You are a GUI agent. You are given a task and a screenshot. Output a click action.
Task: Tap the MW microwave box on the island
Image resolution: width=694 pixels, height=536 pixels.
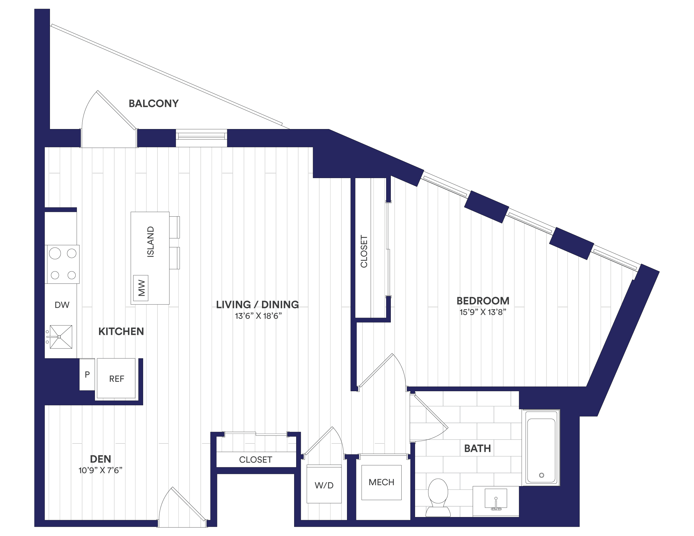click(141, 288)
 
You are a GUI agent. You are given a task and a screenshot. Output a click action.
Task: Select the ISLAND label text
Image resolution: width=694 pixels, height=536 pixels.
click(150, 242)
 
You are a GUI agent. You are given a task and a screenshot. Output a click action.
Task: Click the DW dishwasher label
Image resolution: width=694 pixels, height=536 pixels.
click(62, 305)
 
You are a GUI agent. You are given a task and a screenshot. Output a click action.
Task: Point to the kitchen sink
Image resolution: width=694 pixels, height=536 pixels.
click(61, 337)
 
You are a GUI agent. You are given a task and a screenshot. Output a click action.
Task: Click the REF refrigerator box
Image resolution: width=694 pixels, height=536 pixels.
click(116, 379)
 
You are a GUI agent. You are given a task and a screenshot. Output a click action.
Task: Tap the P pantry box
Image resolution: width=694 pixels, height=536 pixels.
click(87, 374)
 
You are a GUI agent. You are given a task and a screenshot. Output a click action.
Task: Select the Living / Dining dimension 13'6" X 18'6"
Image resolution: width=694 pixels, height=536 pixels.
click(258, 316)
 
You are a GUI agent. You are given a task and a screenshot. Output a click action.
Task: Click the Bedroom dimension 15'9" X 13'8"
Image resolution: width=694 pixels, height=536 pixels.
click(482, 312)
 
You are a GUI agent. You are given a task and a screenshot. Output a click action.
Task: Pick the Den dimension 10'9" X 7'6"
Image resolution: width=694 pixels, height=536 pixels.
click(100, 470)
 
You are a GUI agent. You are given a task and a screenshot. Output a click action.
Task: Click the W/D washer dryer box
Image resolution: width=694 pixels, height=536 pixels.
click(324, 485)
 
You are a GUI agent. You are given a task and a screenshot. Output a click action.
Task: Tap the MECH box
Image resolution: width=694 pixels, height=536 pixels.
click(381, 482)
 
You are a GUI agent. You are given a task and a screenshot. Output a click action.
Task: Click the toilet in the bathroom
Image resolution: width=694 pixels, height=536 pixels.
click(438, 496)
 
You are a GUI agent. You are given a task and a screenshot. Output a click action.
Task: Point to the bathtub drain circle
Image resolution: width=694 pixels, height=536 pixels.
click(542, 475)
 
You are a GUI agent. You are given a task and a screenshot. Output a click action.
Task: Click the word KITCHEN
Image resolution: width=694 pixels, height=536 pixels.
click(121, 332)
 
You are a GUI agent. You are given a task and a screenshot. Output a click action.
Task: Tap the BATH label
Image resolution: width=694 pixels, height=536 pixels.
click(477, 448)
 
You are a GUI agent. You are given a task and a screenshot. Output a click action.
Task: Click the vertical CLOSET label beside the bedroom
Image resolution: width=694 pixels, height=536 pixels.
click(364, 251)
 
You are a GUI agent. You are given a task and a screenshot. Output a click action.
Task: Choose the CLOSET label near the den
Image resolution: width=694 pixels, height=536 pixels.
click(256, 460)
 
